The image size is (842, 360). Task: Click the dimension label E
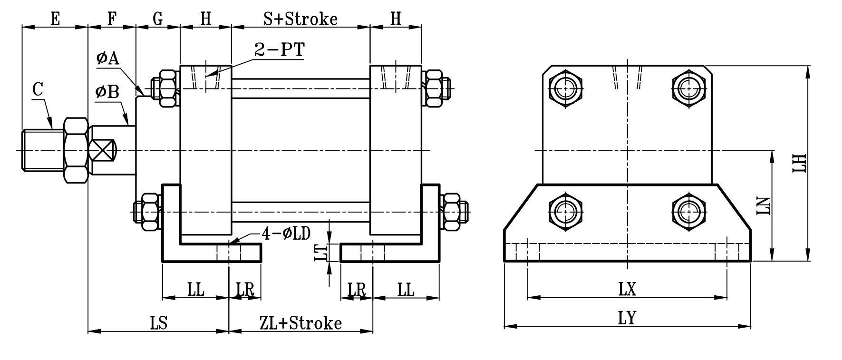55,19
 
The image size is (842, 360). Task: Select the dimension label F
112,19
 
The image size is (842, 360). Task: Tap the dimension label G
158,19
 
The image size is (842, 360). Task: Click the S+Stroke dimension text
300,19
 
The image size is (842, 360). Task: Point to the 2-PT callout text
279,50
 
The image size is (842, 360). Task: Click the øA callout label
107,58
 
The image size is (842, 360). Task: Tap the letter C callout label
38,89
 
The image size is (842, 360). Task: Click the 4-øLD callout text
286,233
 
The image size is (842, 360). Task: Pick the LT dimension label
322,252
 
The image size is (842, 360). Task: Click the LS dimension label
158,323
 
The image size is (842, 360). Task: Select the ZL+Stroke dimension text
300,323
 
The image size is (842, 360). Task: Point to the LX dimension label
627,289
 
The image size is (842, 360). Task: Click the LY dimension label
627,318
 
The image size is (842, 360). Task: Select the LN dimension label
764,205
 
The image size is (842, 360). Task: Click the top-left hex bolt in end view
566,88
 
